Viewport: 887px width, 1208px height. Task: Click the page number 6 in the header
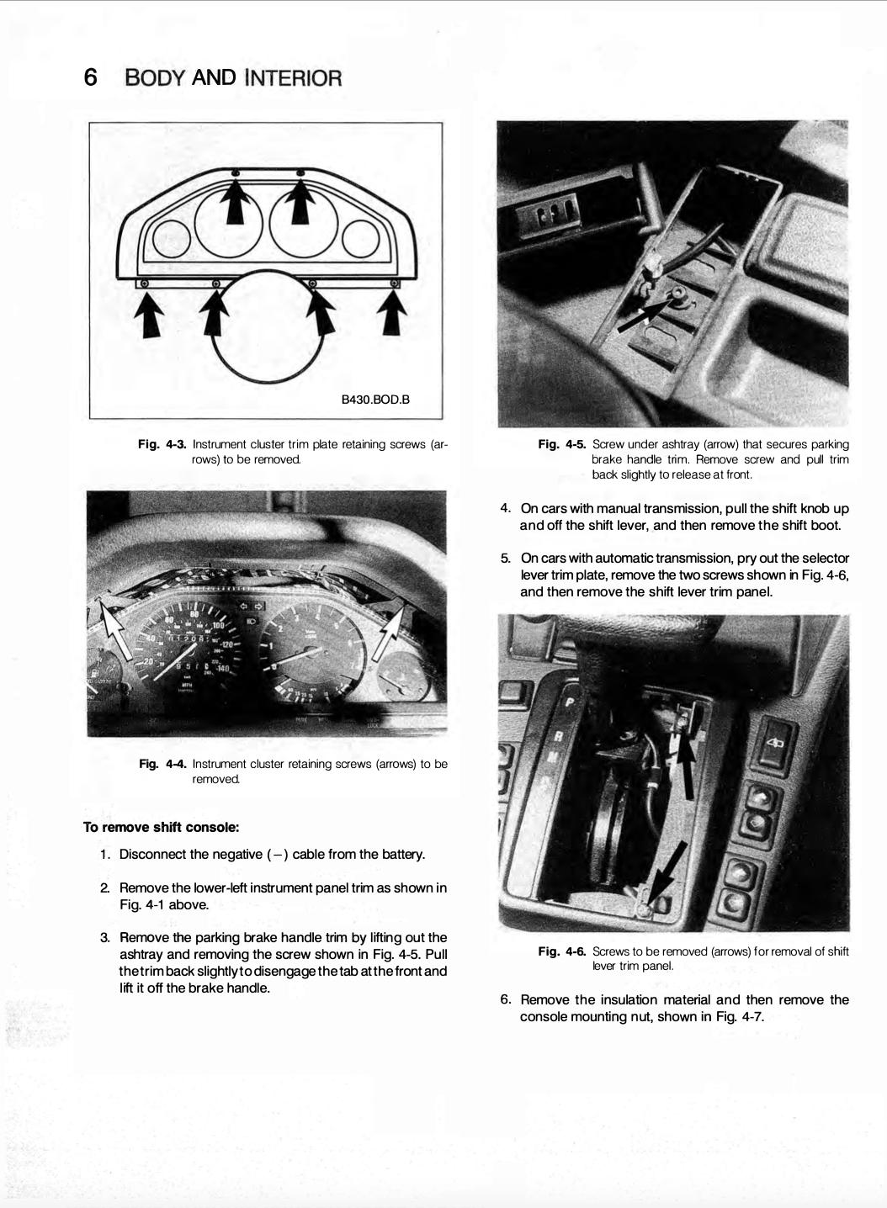point(91,77)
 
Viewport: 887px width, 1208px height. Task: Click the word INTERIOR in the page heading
point(293,78)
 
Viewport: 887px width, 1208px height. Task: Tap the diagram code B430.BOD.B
point(374,399)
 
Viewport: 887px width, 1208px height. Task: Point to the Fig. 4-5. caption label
point(562,444)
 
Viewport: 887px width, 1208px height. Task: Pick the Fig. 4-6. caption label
point(562,951)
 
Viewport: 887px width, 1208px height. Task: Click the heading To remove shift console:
point(161,827)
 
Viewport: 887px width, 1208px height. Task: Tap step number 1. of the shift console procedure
point(105,855)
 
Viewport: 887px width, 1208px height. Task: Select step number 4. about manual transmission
point(505,508)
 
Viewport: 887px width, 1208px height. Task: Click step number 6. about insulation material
point(505,999)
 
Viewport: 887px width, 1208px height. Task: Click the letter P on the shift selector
point(570,702)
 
